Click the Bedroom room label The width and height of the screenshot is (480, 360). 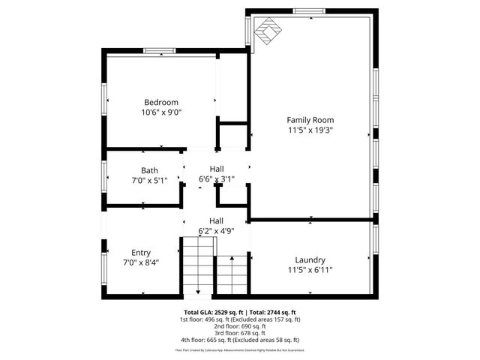click(x=161, y=103)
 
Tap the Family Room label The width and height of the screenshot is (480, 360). click(x=310, y=120)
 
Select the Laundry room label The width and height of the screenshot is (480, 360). click(x=310, y=259)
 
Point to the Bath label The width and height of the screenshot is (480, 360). click(x=149, y=170)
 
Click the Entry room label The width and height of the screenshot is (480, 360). click(x=141, y=253)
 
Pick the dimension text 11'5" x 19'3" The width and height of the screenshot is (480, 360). click(x=310, y=130)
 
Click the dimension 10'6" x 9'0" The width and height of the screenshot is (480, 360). click(x=161, y=112)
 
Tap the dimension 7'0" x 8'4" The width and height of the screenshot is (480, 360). click(x=141, y=262)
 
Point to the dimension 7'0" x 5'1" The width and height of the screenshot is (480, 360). click(x=149, y=180)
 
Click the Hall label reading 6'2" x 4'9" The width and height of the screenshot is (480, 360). click(x=216, y=220)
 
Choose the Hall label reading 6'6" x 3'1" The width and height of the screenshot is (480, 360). click(x=216, y=169)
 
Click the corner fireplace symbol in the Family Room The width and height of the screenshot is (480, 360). click(x=265, y=32)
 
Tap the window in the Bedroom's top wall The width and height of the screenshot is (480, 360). click(x=160, y=51)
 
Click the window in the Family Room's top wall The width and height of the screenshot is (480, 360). click(x=309, y=11)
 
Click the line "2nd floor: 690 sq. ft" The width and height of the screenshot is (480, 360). click(x=240, y=325)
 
